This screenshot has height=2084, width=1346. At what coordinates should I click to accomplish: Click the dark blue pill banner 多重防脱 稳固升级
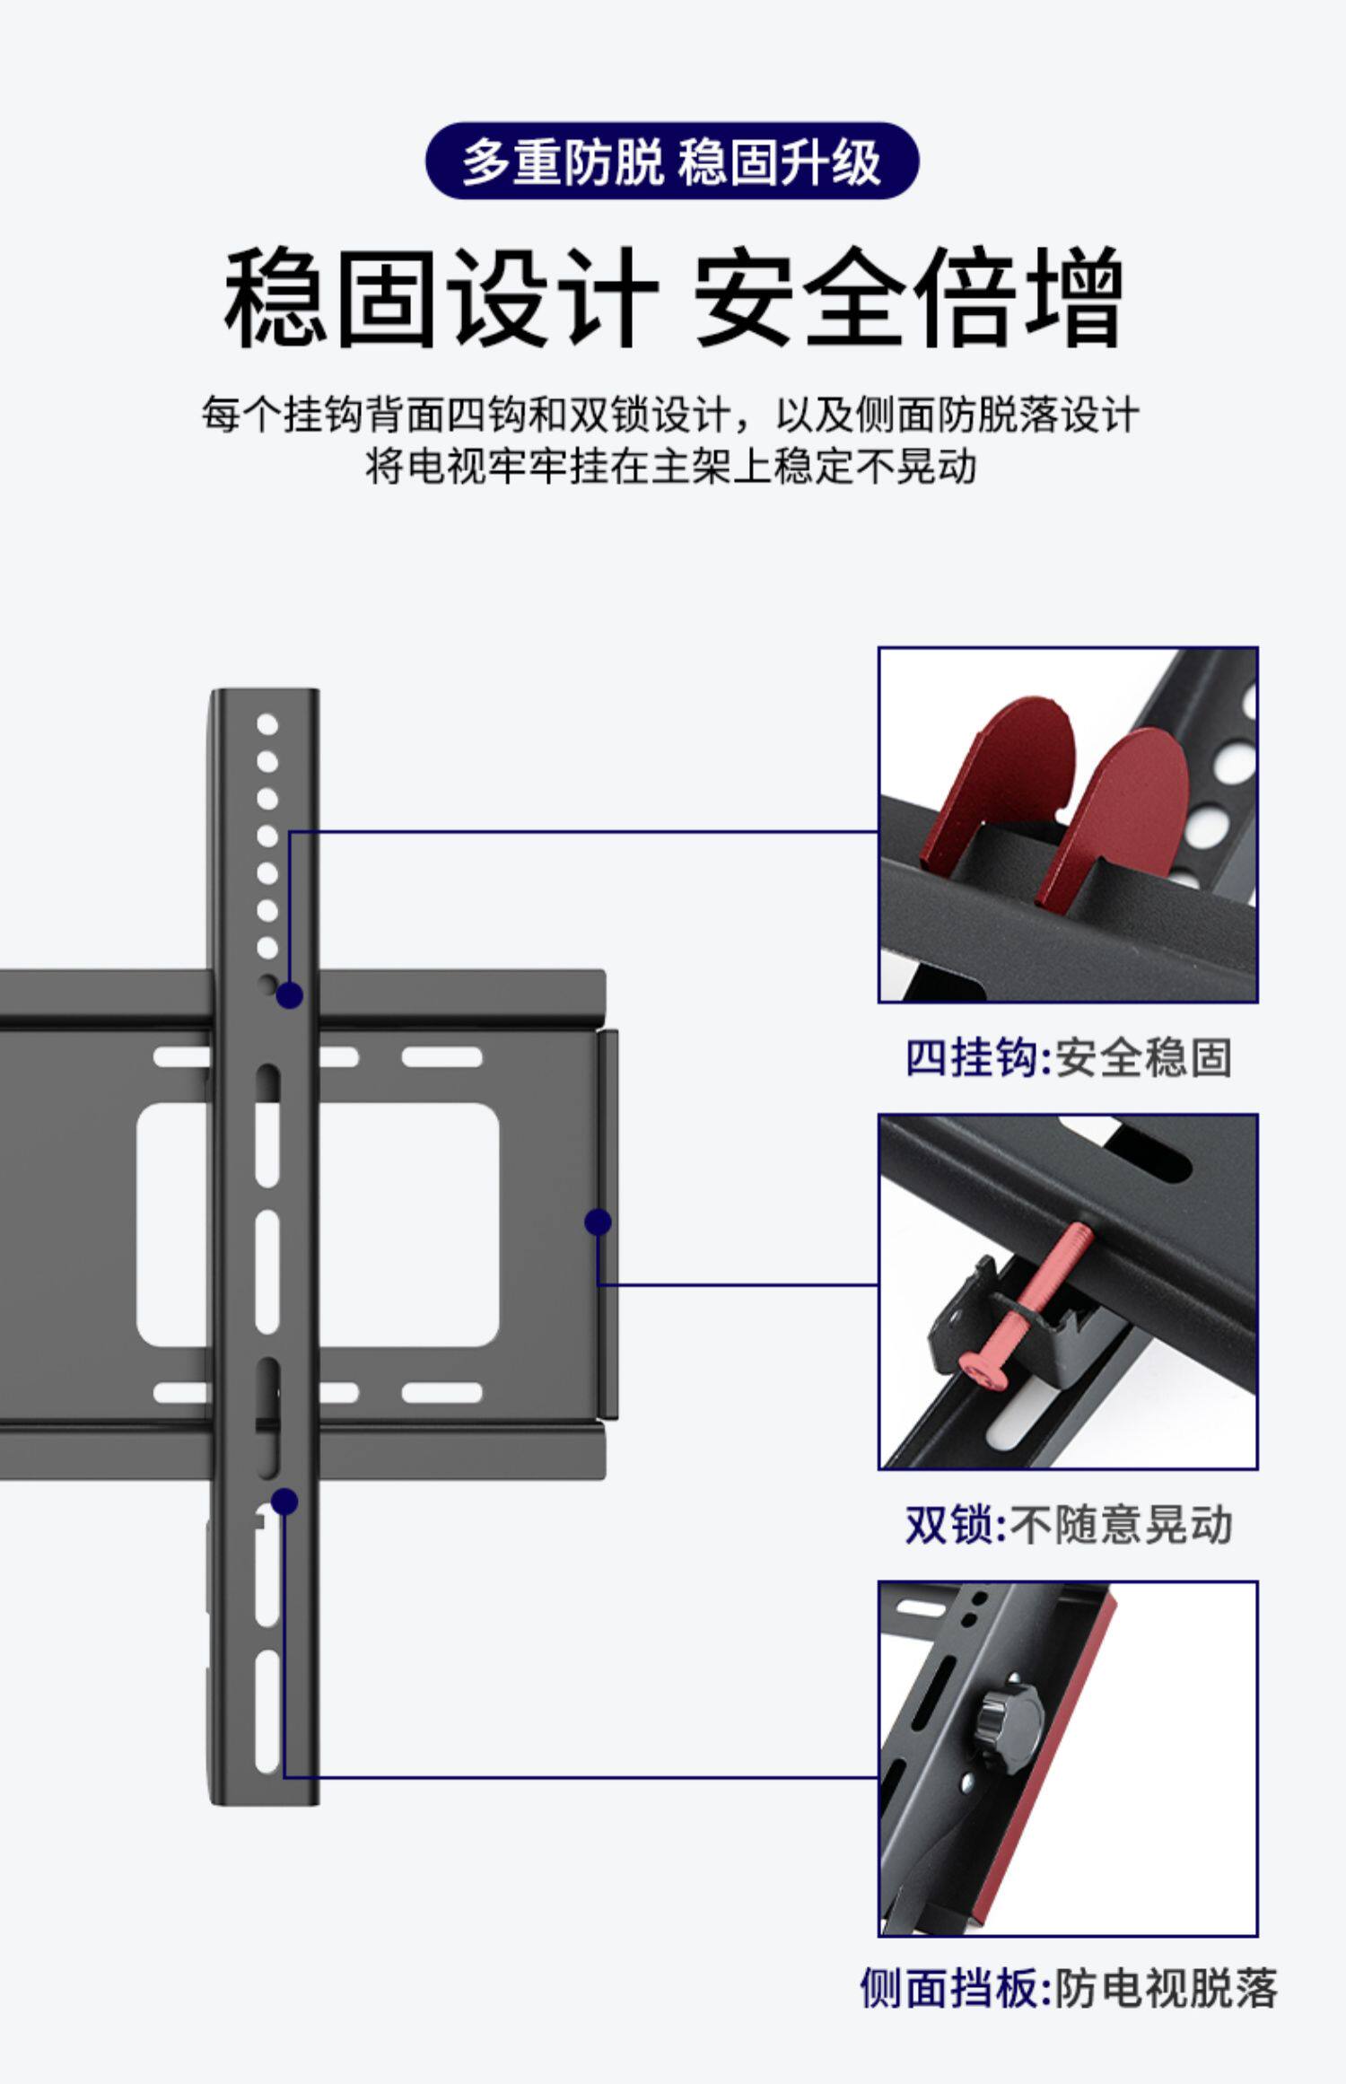point(671,162)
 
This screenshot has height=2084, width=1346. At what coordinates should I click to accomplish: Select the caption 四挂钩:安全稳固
point(1068,1057)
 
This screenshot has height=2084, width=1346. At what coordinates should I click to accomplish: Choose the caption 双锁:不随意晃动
point(1068,1525)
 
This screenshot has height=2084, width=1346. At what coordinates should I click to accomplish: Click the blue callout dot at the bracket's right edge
point(598,1222)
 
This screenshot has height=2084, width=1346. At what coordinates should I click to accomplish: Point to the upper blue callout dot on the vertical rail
point(289,995)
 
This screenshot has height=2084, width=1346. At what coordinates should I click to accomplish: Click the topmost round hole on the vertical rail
point(267,724)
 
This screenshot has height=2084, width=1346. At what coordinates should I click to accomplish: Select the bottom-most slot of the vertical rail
point(267,1712)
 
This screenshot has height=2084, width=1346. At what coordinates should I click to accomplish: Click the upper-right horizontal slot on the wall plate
point(441,1057)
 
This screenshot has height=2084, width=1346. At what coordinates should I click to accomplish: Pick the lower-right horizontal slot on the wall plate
point(441,1393)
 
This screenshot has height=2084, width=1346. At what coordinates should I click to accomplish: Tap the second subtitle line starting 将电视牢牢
point(671,467)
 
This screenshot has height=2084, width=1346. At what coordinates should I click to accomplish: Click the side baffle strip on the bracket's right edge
point(607,1224)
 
